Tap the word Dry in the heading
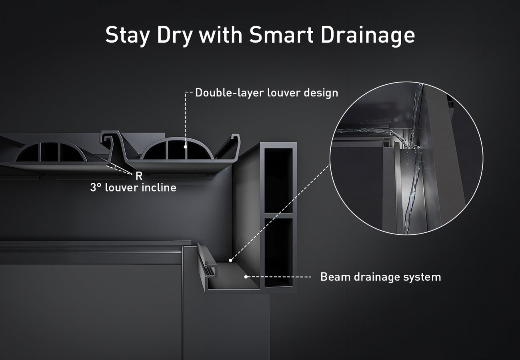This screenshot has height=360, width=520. pyautogui.click(x=175, y=36)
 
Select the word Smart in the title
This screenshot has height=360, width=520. pyautogui.click(x=281, y=34)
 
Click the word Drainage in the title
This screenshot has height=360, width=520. pyautogui.click(x=368, y=36)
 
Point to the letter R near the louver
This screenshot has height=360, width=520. pyautogui.click(x=139, y=176)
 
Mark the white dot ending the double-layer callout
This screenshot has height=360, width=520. pyautogui.click(x=186, y=147)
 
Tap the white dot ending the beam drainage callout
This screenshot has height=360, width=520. pyautogui.click(x=246, y=277)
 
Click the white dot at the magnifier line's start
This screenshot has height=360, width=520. pyautogui.click(x=230, y=260)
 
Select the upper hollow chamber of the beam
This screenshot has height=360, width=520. pyautogui.click(x=278, y=180)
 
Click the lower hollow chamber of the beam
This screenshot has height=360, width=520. pyautogui.click(x=278, y=252)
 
